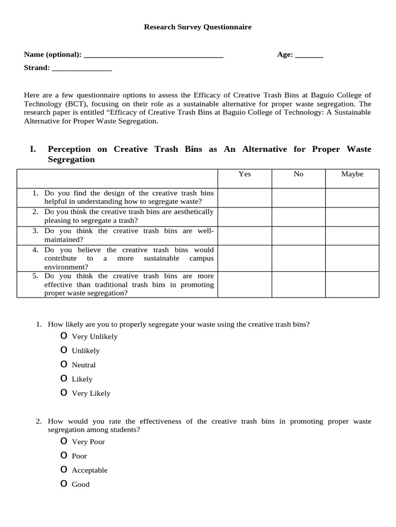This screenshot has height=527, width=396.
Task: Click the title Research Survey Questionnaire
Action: tap(197, 27)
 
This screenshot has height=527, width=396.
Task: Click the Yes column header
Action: tap(245, 174)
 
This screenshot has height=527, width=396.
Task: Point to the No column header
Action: tap(299, 174)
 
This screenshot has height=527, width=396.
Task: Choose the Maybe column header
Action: tap(352, 174)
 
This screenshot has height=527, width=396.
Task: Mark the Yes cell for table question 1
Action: tap(245, 198)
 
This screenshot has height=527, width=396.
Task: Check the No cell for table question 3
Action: tap(299, 235)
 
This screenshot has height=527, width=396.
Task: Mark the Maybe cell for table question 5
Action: tap(352, 285)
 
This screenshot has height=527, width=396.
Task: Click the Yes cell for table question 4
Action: tap(245, 258)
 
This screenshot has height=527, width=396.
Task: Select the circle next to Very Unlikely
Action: tap(63, 336)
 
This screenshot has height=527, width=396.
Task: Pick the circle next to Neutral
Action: tap(63, 364)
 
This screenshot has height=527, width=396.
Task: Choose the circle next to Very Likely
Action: tap(63, 393)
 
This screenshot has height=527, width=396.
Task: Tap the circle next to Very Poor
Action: tap(63, 441)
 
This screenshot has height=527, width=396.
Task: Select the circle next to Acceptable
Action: tap(63, 469)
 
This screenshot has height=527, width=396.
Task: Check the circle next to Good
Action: tap(63, 484)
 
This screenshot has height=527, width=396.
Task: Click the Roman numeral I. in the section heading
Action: tap(33, 149)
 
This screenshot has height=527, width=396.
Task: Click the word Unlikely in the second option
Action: tap(86, 351)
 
